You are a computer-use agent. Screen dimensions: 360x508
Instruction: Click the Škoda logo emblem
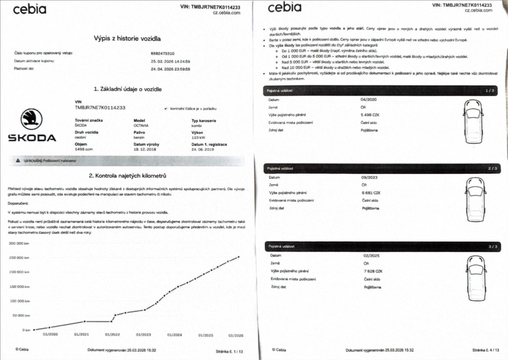(x=31, y=120)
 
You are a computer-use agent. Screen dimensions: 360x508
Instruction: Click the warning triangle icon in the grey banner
(x=17, y=160)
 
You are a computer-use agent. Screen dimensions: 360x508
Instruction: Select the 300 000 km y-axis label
(x=19, y=243)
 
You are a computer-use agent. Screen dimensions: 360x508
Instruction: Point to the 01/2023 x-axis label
(x=143, y=335)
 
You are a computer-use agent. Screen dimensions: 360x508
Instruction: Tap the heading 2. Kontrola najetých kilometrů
(x=127, y=176)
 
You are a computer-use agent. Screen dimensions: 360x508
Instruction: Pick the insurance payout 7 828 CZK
(x=372, y=271)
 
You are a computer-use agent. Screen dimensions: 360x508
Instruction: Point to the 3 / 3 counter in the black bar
(x=493, y=246)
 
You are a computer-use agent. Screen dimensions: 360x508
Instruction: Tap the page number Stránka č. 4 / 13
(x=488, y=349)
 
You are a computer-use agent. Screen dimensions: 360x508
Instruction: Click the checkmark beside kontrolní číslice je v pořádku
(x=165, y=108)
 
